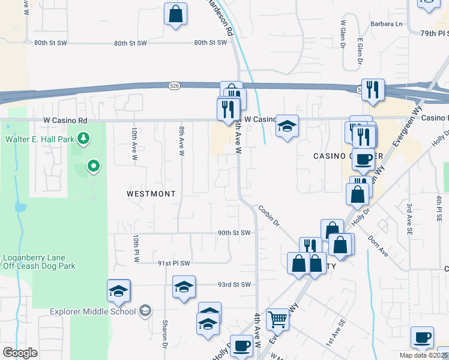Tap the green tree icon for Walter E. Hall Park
83,139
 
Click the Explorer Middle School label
93,311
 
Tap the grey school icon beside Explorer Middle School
145,311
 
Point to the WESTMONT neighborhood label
151,194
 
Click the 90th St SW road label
234,233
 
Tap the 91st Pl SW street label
174,263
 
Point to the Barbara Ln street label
387,24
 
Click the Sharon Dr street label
164,334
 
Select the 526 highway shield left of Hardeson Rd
173,86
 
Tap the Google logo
20,353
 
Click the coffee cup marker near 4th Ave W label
241,345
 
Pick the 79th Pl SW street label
433,34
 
